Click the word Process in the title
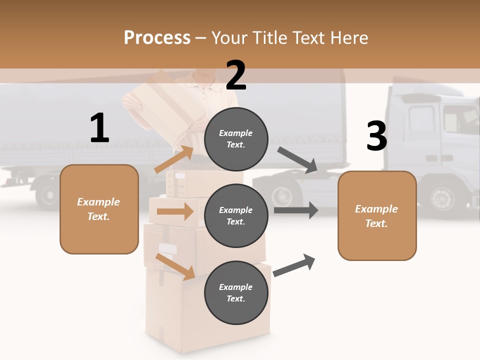pos(157,37)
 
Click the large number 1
pos(99,128)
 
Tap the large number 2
pos(236,75)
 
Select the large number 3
pos(376,136)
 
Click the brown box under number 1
pos(99,209)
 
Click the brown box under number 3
pos(377,215)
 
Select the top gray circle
pos(236,138)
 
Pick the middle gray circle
pos(236,215)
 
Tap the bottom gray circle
pos(236,292)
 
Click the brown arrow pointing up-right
pos(174,159)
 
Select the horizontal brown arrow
pos(174,211)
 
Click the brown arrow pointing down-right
pos(175,266)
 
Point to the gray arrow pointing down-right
pos(298,160)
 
